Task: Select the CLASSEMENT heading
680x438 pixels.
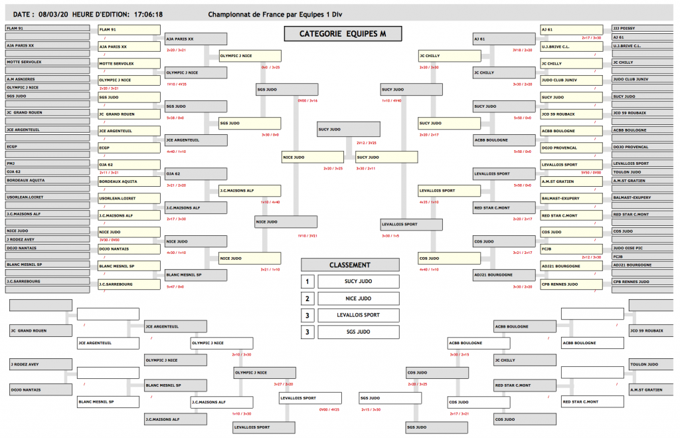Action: [x=350, y=265]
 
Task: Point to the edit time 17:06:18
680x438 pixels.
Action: [x=148, y=13]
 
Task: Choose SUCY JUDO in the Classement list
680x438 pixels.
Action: [x=358, y=282]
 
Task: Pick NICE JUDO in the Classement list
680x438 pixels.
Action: [x=358, y=298]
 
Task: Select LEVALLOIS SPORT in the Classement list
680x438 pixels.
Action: [x=358, y=315]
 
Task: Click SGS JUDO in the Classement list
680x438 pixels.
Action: [x=358, y=332]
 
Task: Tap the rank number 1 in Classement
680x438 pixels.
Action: [x=307, y=282]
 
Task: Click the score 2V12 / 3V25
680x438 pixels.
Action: [x=367, y=143]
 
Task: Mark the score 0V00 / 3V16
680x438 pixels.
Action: [x=307, y=100]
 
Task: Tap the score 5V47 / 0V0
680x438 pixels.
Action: [x=175, y=286]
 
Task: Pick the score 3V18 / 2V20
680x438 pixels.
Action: [x=522, y=50]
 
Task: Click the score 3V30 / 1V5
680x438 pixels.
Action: [x=390, y=236]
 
